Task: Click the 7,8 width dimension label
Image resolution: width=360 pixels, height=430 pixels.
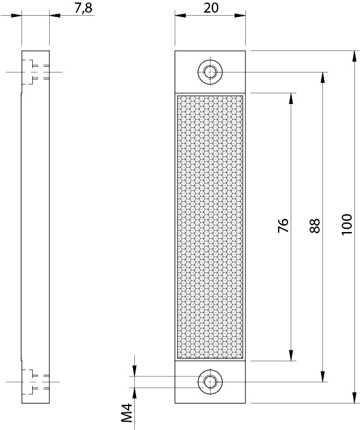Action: (83, 8)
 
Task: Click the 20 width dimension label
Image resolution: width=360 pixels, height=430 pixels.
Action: (211, 8)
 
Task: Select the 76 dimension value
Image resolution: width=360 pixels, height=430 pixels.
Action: (284, 226)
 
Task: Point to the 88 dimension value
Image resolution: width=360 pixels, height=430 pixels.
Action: (315, 226)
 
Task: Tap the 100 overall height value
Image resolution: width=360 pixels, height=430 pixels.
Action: (347, 224)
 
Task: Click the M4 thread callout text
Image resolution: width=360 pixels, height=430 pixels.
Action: (127, 413)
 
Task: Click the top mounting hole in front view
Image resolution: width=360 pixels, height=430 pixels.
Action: (210, 72)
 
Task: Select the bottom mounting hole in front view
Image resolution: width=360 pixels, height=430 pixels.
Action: (210, 381)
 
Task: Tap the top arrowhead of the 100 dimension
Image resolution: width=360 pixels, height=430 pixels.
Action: (354, 56)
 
